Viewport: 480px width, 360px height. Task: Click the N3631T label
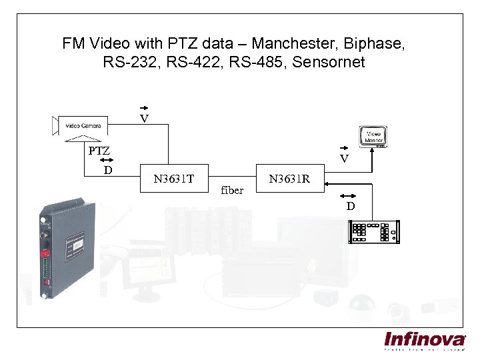coord(173,179)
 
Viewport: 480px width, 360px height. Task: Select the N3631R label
coord(289,179)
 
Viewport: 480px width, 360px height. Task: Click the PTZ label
coord(99,151)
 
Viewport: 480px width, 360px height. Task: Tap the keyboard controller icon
coord(374,231)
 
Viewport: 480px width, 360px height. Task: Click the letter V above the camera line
coord(144,119)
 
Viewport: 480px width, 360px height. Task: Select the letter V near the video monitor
coord(344,159)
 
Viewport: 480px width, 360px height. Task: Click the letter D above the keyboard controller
coord(350,207)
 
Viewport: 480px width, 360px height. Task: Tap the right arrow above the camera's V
coord(144,107)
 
